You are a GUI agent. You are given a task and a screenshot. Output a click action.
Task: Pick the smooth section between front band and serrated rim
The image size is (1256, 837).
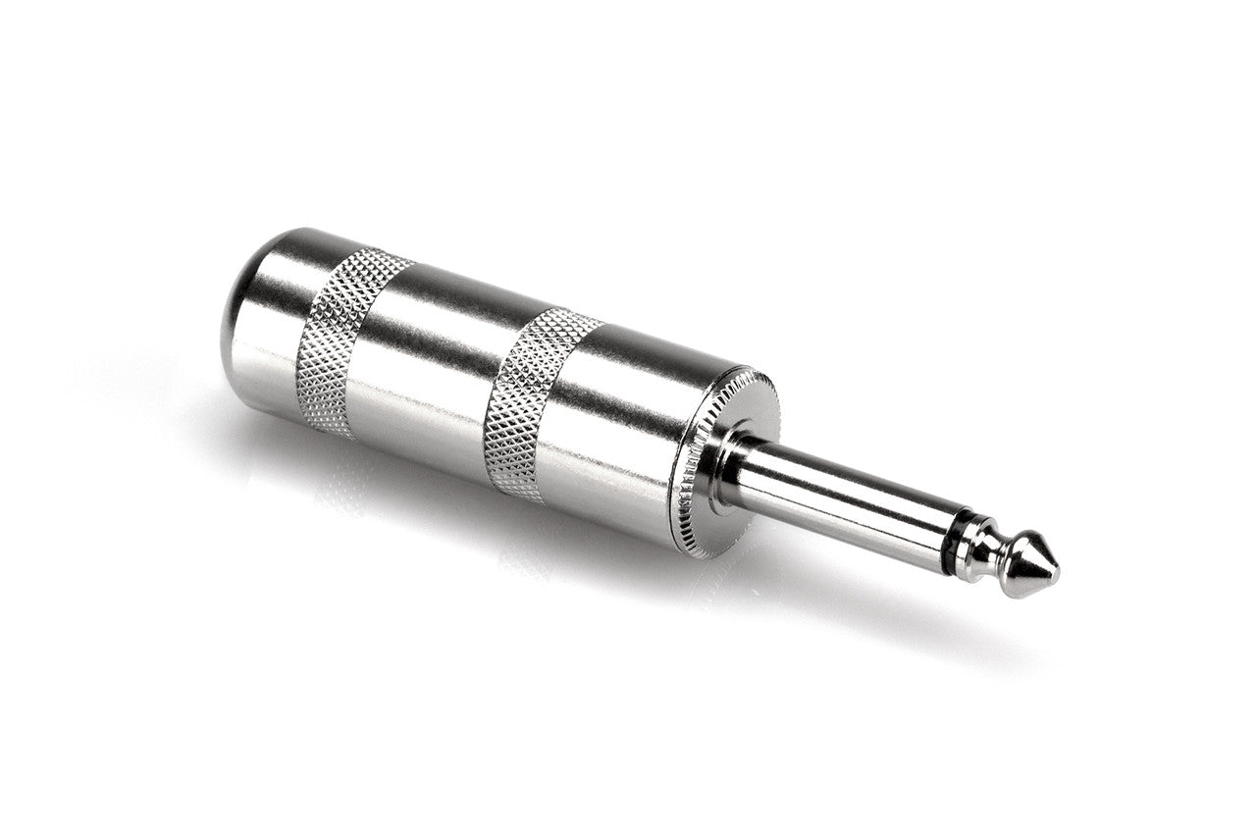tap(628, 432)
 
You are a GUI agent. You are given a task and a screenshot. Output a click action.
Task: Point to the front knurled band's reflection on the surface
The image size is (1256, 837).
tap(520, 559)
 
